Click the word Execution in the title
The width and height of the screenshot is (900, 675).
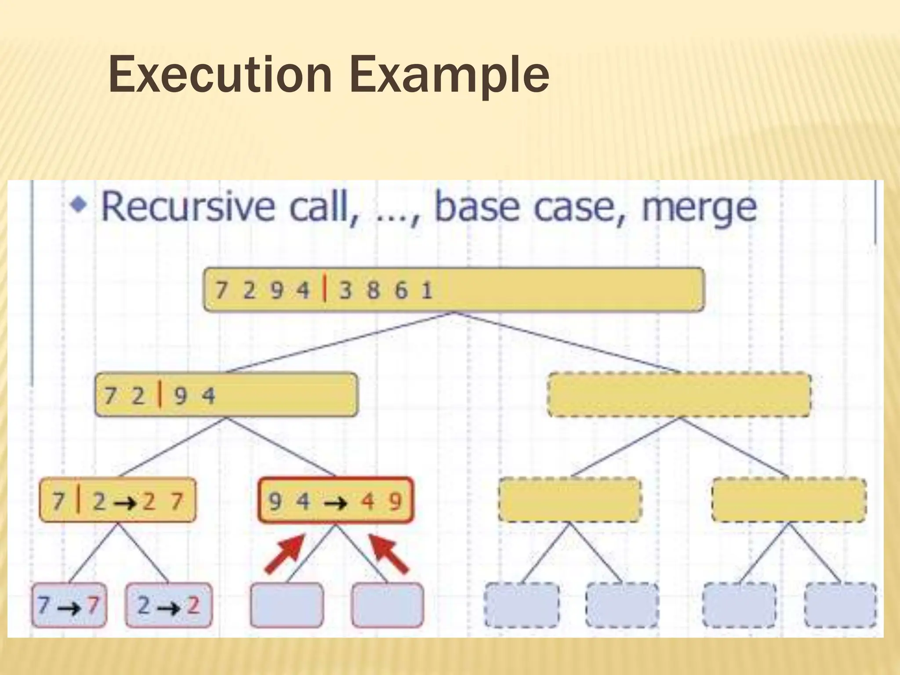220,75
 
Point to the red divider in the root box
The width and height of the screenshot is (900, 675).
324,290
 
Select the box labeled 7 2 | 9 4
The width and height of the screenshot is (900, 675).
226,395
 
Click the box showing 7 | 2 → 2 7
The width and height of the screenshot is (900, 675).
118,501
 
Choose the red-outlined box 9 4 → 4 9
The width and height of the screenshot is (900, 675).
335,501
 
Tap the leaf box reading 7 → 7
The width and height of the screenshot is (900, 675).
69,605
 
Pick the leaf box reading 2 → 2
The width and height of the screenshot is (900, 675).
169,605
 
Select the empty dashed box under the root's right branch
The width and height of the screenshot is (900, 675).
679,395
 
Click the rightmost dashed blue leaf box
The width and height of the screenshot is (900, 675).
840,605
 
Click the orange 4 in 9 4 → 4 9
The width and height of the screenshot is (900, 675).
367,501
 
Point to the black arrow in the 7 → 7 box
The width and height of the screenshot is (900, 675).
69,607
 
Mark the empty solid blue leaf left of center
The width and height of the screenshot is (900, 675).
287,605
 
